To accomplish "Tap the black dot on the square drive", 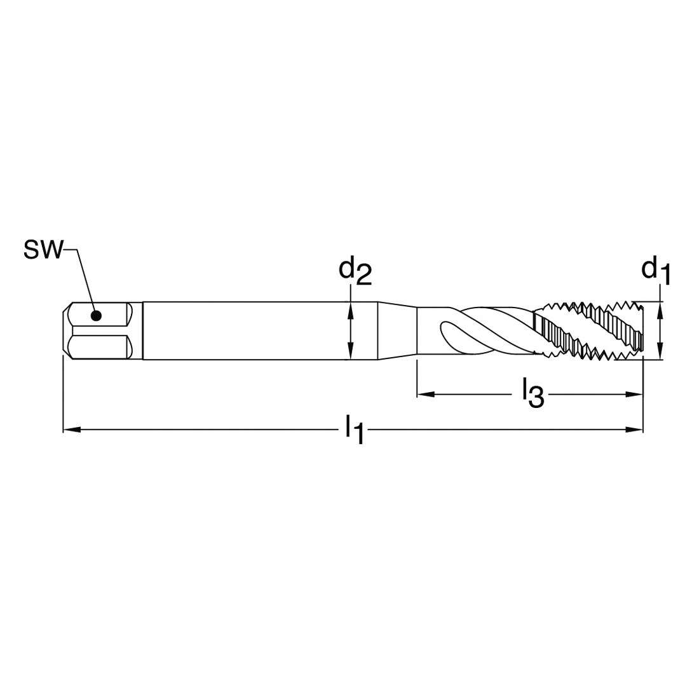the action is tap(96, 316).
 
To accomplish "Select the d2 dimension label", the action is tap(355, 271).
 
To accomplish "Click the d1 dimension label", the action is tap(655, 271).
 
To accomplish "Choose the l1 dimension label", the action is tap(355, 430).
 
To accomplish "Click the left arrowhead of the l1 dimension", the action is tap(72, 430).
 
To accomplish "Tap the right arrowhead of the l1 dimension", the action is tap(634, 430).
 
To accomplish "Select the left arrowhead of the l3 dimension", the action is tap(426, 394).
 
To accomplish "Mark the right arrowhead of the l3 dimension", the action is tap(634, 394).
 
